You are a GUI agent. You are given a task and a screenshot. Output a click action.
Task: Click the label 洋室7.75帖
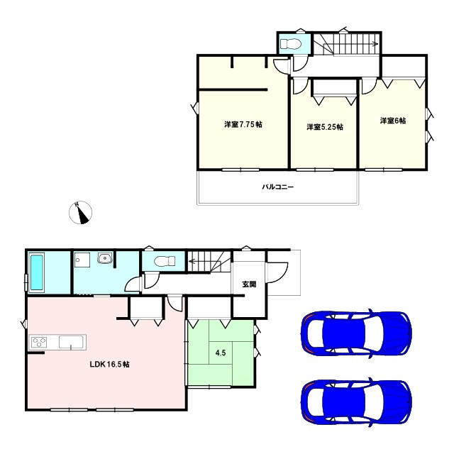pos(243,125)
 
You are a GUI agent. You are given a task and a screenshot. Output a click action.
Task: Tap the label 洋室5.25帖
pos(325,127)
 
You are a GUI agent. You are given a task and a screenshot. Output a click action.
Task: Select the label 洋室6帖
pos(392,121)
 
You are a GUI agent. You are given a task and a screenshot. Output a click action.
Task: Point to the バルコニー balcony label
pos(278,187)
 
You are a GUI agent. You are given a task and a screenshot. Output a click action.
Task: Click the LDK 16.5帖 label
pos(109,364)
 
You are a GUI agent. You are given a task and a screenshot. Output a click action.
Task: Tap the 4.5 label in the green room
pos(221,350)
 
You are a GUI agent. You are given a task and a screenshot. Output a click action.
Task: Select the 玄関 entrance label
pos(249,284)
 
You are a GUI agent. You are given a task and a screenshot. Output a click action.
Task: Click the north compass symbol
pos(82,213)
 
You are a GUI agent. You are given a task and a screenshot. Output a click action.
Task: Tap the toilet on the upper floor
pos(290,44)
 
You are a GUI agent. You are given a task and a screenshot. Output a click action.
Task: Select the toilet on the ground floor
pos(160,261)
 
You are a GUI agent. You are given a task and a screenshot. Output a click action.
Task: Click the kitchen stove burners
pos(39,343)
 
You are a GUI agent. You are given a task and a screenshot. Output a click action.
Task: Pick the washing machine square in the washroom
pos(81,260)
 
